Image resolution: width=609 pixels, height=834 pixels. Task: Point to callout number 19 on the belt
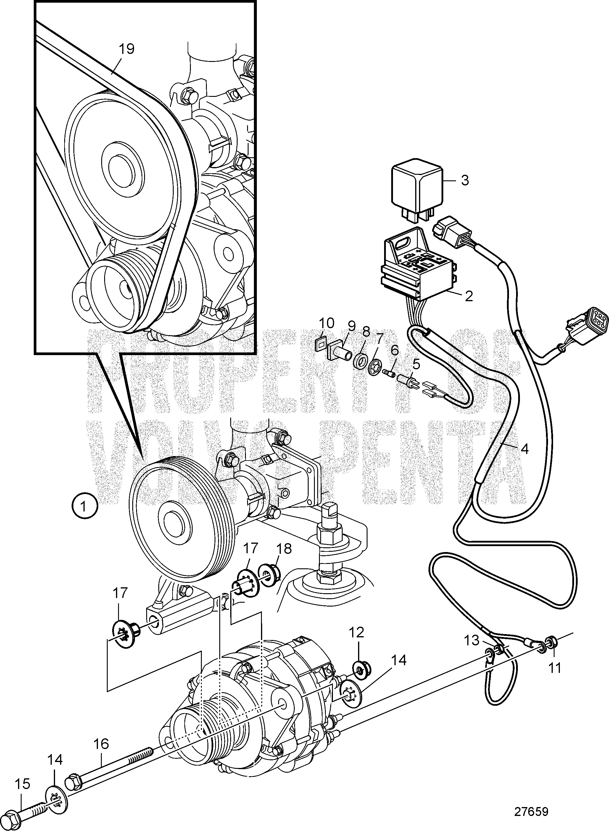(x=126, y=49)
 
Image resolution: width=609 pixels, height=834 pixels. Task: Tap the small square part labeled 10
(x=321, y=345)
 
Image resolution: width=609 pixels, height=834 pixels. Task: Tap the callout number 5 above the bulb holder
(x=416, y=365)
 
